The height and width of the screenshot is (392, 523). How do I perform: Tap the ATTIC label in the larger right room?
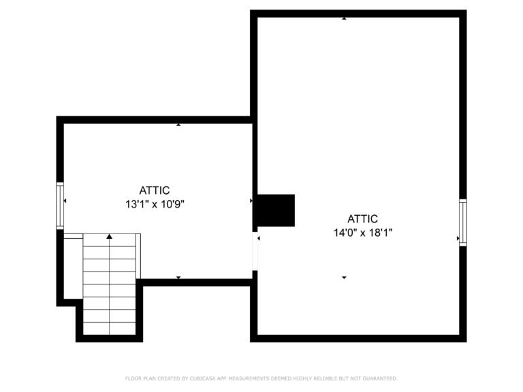362,219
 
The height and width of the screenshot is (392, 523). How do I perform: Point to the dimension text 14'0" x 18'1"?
362,232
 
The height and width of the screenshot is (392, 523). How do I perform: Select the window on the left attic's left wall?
60,205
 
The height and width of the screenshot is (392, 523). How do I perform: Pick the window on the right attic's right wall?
463,222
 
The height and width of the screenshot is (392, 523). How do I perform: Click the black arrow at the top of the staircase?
109,236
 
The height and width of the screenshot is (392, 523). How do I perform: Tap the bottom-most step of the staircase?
109,329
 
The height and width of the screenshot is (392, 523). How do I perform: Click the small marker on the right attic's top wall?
344,18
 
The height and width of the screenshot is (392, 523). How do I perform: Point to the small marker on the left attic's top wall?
178,125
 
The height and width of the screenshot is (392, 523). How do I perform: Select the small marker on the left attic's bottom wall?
178,278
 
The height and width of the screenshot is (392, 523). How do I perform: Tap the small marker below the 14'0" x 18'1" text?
344,278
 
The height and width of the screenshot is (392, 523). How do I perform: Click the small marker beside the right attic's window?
458,238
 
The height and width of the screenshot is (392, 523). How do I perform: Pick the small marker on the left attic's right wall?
251,201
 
